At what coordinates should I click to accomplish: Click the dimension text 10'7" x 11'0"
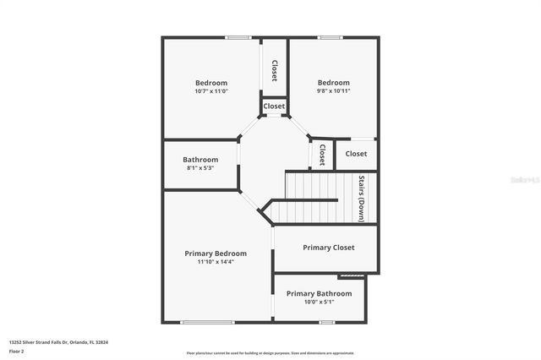[x=210, y=90]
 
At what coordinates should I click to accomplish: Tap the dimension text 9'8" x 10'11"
[x=333, y=90]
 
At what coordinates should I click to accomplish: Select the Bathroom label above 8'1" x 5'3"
[x=200, y=159]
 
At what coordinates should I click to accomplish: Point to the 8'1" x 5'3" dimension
[x=200, y=167]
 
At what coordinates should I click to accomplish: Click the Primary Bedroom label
[x=216, y=253]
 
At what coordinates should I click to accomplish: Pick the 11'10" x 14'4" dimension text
[x=216, y=261]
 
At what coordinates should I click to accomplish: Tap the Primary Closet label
[x=328, y=248]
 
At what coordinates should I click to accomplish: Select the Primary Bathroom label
[x=319, y=293]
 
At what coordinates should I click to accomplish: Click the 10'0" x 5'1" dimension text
[x=319, y=302]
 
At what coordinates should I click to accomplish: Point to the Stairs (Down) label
[x=362, y=198]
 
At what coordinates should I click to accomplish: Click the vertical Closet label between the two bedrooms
[x=274, y=70]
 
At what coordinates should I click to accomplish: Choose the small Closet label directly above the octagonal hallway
[x=274, y=106]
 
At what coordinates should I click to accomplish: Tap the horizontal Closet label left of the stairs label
[x=356, y=154]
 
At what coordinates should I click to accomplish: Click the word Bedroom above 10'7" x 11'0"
[x=210, y=82]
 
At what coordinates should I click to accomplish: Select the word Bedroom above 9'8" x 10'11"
[x=333, y=82]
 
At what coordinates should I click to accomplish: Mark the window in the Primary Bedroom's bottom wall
[x=207, y=322]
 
